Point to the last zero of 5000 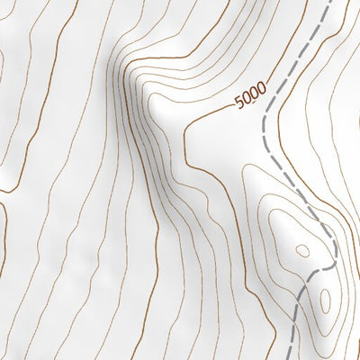262,88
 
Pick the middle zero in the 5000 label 254,93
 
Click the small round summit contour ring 302,250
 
